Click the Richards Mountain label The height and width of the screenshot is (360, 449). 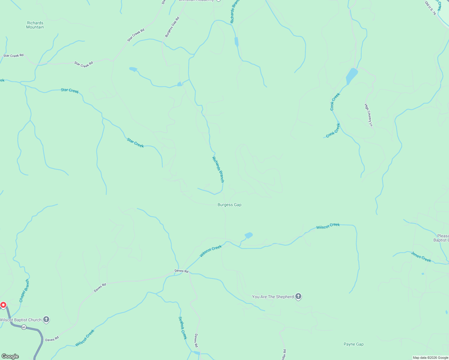[35, 25]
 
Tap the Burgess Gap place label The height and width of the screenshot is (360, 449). [229, 205]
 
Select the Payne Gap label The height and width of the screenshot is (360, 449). [353, 344]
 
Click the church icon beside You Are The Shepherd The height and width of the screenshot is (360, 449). [298, 296]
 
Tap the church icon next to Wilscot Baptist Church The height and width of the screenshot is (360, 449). [46, 319]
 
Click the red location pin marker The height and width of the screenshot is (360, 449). [3, 305]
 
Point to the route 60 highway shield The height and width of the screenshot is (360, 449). [24, 327]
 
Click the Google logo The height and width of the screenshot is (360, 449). [10, 356]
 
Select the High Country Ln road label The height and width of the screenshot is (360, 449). [369, 115]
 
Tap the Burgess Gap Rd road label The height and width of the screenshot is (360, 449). [172, 27]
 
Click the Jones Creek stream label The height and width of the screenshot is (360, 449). [421, 257]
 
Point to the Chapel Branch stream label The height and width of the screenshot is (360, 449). [24, 291]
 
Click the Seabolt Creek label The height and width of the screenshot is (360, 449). [183, 328]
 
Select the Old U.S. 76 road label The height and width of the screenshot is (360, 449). [430, 8]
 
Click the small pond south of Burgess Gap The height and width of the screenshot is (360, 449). [249, 235]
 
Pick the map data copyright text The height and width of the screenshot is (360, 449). [430, 358]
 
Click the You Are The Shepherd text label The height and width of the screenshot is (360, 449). [273, 297]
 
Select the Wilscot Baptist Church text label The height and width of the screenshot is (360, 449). [20, 320]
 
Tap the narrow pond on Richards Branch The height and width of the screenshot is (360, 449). [236, 41]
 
